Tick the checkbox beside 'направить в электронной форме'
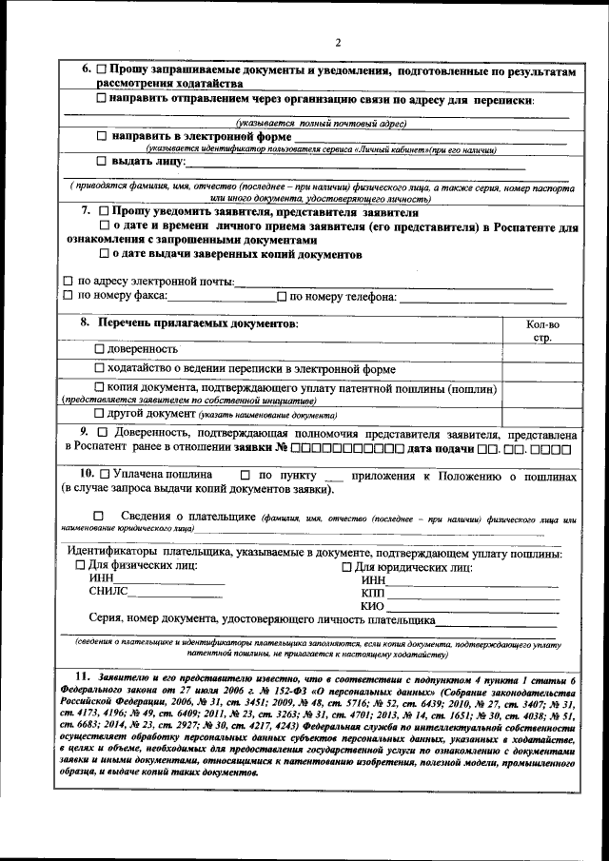point(103,136)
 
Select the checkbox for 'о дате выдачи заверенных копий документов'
point(105,255)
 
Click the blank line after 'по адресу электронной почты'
point(393,283)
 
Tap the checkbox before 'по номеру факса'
point(68,296)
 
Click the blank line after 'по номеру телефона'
point(476,297)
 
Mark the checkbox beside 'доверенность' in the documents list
point(100,350)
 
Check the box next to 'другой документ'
point(100,414)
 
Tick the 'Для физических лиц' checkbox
point(80,566)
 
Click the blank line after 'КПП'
point(472,594)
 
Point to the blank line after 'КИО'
point(472,607)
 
